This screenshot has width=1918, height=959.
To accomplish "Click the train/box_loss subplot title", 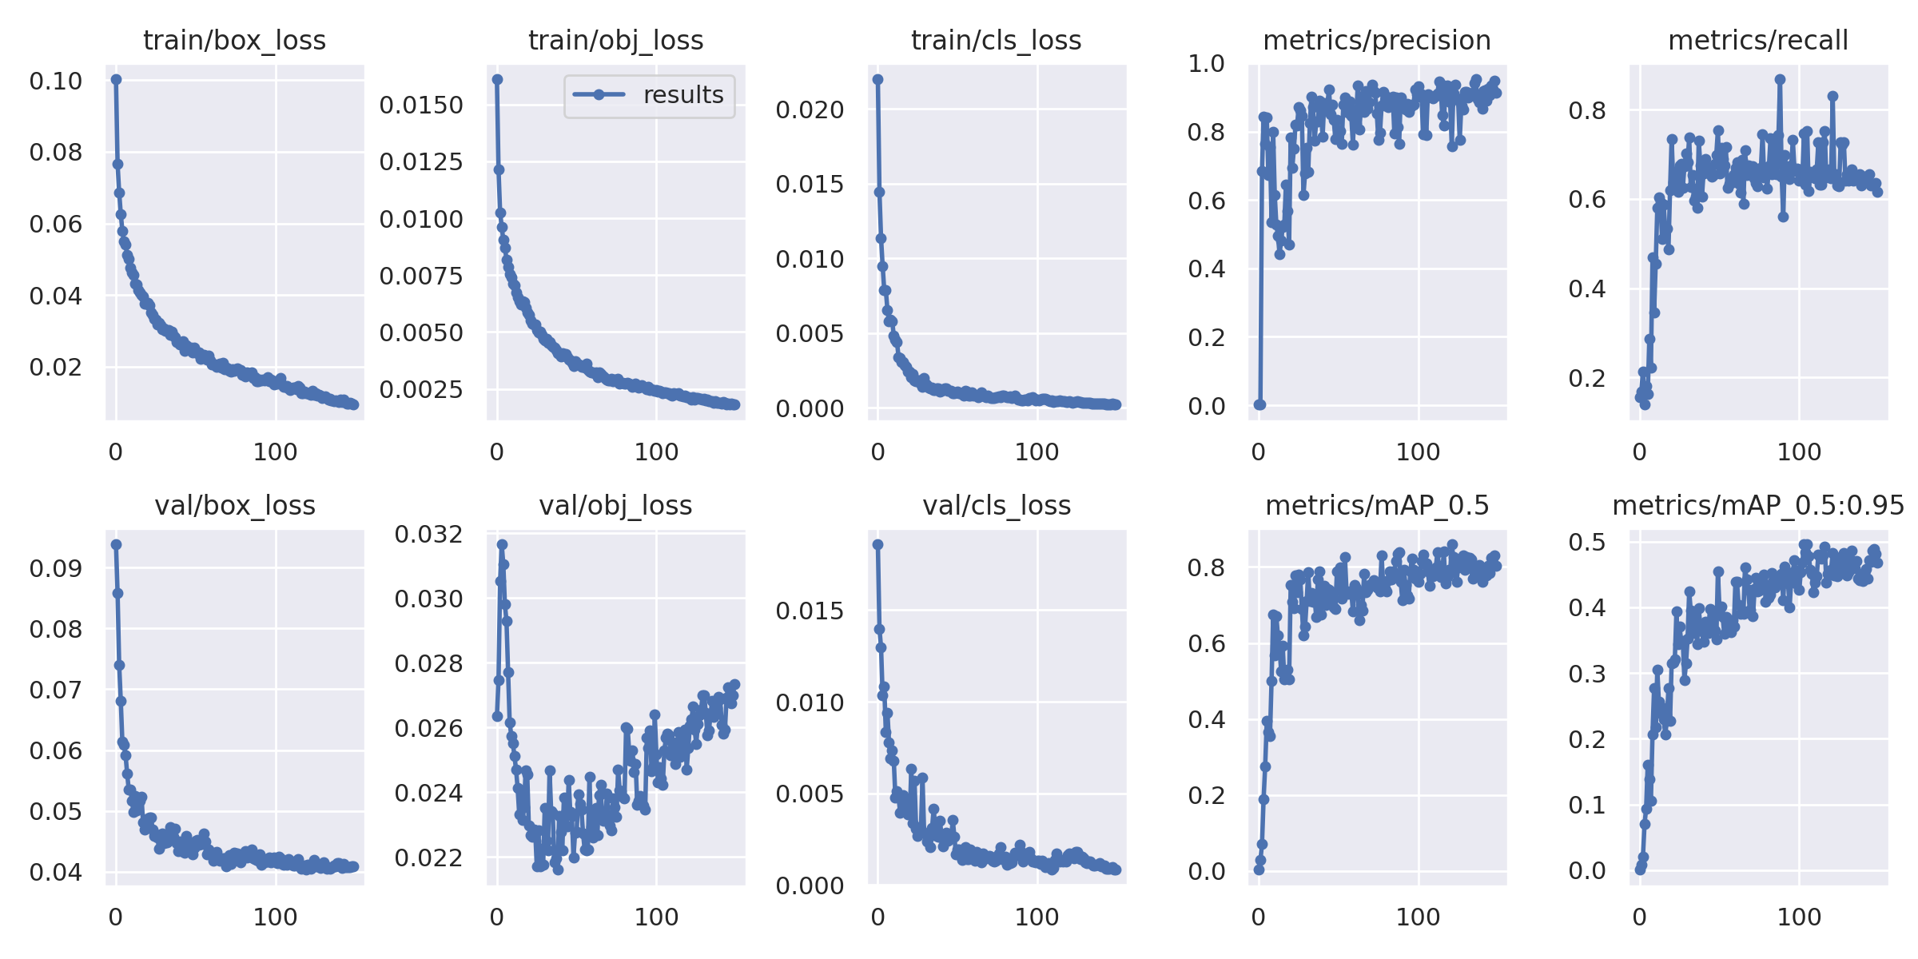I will point(234,40).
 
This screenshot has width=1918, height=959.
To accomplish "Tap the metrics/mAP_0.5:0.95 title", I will point(1758,505).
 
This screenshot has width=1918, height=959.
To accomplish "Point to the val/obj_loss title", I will point(615,505).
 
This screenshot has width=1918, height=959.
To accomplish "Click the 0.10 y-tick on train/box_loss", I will point(56,81).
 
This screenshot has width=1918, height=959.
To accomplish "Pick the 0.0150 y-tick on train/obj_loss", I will point(421,105).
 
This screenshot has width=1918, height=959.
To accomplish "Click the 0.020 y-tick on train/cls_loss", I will point(810,109).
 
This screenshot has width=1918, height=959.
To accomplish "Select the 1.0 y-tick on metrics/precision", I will point(1207,63).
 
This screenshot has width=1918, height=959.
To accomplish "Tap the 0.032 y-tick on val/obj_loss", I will point(428,534).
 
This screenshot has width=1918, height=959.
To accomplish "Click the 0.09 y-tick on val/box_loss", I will point(56,568).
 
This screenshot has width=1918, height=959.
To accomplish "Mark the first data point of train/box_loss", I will point(117,79).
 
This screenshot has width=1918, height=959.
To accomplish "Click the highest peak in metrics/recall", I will point(1780,79).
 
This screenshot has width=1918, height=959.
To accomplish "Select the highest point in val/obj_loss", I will point(502,544).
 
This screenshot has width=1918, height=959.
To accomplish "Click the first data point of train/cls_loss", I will point(878,79).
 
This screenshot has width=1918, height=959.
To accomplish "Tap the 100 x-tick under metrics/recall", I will point(1799,452).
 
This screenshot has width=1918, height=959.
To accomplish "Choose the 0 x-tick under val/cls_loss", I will point(877,917).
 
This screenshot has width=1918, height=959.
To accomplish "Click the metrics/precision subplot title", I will point(1377,40).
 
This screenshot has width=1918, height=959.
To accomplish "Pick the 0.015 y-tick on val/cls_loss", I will point(810,611).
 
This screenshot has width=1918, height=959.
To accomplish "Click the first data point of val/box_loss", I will point(117,544).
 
